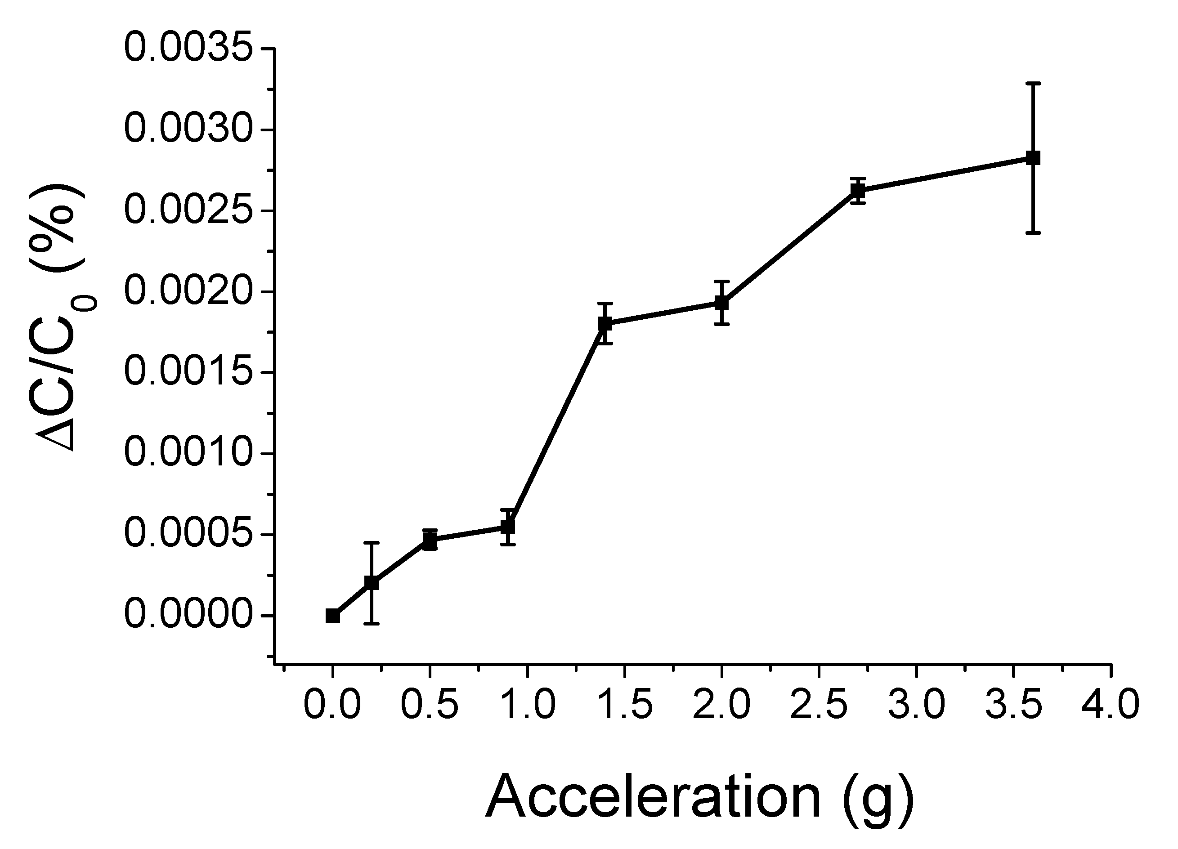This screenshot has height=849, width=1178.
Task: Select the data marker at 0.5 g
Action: [430, 541]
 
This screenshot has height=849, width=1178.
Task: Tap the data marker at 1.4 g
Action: [605, 323]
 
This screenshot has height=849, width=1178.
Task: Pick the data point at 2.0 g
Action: [721, 303]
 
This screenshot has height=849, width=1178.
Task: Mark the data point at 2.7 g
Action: [858, 191]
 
